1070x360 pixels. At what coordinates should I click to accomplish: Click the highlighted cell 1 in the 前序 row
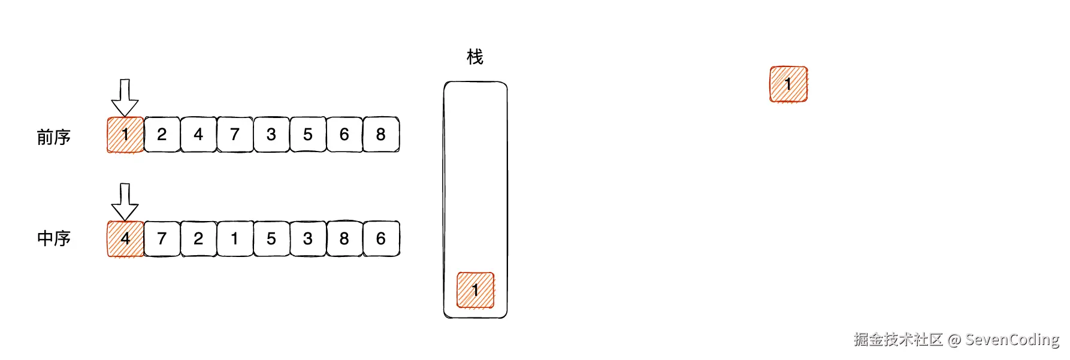pyautogui.click(x=125, y=135)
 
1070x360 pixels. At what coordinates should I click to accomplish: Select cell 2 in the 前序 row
pyautogui.click(x=162, y=135)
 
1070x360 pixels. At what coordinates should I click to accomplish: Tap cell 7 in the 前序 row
pyautogui.click(x=235, y=135)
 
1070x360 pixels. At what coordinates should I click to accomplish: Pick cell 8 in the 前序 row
pyautogui.click(x=381, y=135)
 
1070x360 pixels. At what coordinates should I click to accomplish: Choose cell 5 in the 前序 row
pyautogui.click(x=308, y=135)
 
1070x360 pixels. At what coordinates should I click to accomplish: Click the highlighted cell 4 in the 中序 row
pyautogui.click(x=125, y=239)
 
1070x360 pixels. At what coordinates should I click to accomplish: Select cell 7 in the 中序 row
pyautogui.click(x=162, y=239)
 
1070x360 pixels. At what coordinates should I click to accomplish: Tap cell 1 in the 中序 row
pyautogui.click(x=235, y=239)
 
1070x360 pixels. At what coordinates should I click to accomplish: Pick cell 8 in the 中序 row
pyautogui.click(x=344, y=239)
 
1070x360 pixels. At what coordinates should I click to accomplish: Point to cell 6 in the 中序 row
pyautogui.click(x=381, y=239)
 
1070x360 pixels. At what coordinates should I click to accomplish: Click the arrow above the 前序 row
pyautogui.click(x=125, y=97)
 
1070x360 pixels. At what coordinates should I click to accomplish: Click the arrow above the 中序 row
pyautogui.click(x=125, y=202)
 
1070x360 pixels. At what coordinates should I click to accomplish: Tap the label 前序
pyautogui.click(x=54, y=137)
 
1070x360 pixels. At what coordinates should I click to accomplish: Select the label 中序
pyautogui.click(x=54, y=238)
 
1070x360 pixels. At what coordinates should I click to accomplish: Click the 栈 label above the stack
pyautogui.click(x=475, y=58)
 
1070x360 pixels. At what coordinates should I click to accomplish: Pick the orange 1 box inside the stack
pyautogui.click(x=476, y=290)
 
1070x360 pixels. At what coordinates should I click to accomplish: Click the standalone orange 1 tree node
pyautogui.click(x=788, y=84)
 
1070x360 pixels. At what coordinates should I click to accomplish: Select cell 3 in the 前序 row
pyautogui.click(x=271, y=135)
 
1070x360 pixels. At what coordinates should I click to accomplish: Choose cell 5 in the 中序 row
pyautogui.click(x=271, y=239)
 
